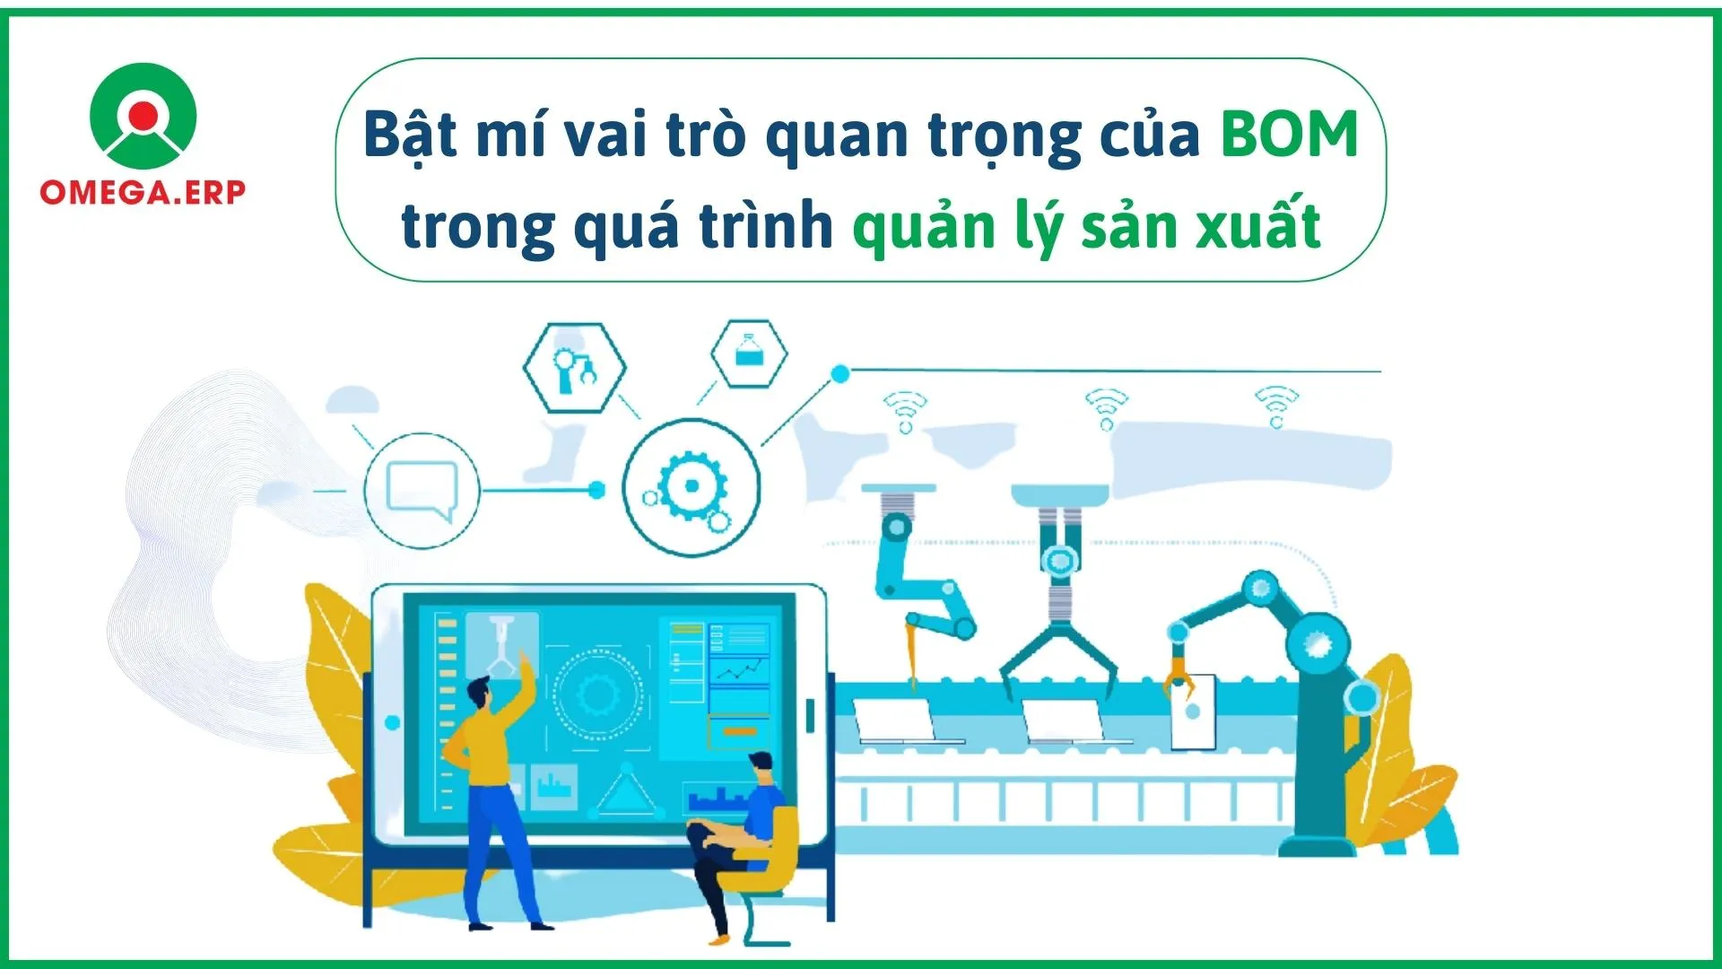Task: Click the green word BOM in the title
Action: pyautogui.click(x=1289, y=135)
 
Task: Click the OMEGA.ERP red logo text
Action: pyautogui.click(x=143, y=192)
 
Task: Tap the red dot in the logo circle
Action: pyautogui.click(x=143, y=114)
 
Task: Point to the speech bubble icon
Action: pyautogui.click(x=422, y=491)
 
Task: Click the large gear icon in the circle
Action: pyautogui.click(x=691, y=487)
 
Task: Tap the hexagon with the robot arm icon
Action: pyautogui.click(x=574, y=368)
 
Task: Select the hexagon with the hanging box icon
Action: pyautogui.click(x=749, y=354)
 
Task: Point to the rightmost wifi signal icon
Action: pyautogui.click(x=1276, y=406)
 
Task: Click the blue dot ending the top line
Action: pyautogui.click(x=840, y=374)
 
